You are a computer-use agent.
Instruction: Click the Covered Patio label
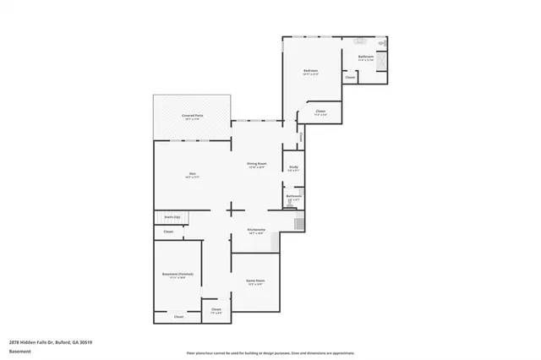[192, 117]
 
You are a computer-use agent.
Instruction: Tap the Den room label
[193, 175]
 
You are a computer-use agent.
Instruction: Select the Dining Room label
[257, 164]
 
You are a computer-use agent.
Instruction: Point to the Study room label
[292, 168]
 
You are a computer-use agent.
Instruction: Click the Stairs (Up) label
[169, 217]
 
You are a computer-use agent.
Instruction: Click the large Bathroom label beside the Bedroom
[365, 57]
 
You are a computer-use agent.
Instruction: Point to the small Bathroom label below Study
[293, 196]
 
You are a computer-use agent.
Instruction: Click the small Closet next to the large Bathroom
[350, 78]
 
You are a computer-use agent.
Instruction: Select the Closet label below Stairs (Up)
[168, 231]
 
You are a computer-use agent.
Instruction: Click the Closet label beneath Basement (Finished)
[178, 317]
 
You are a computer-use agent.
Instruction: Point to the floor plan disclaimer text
[270, 352]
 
